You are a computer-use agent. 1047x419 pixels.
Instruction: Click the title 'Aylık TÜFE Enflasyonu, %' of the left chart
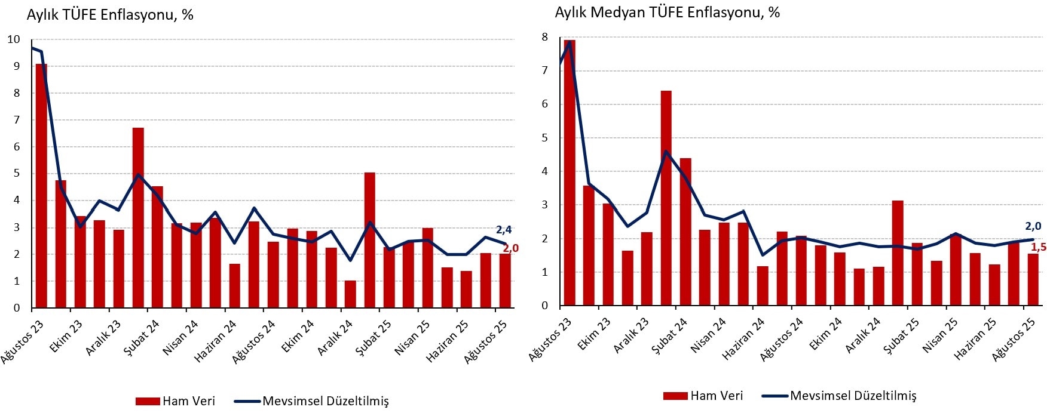click(x=110, y=15)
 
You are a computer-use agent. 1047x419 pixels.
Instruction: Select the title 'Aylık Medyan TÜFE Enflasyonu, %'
click(x=667, y=13)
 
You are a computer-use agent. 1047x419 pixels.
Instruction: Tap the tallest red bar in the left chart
click(x=41, y=185)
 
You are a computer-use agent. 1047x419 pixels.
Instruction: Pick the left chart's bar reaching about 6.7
click(x=138, y=218)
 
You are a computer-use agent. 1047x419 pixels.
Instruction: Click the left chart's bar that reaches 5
click(x=369, y=240)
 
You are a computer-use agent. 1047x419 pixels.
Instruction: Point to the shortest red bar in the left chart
click(x=350, y=294)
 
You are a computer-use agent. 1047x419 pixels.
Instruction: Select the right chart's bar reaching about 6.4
click(x=666, y=198)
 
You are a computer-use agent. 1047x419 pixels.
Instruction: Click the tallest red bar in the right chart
click(x=570, y=173)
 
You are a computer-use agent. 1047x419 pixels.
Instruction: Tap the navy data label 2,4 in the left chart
click(x=504, y=230)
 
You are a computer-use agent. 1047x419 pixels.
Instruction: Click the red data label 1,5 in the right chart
click(x=1039, y=247)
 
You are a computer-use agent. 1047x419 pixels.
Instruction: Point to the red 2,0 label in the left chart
click(x=510, y=248)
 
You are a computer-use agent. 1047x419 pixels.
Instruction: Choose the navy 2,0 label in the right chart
click(x=1033, y=226)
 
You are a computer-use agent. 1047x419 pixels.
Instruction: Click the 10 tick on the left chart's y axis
click(x=13, y=39)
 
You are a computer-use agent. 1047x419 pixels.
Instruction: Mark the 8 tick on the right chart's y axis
click(x=544, y=37)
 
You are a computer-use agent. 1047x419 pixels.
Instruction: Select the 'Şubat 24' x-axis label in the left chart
click(x=142, y=337)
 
